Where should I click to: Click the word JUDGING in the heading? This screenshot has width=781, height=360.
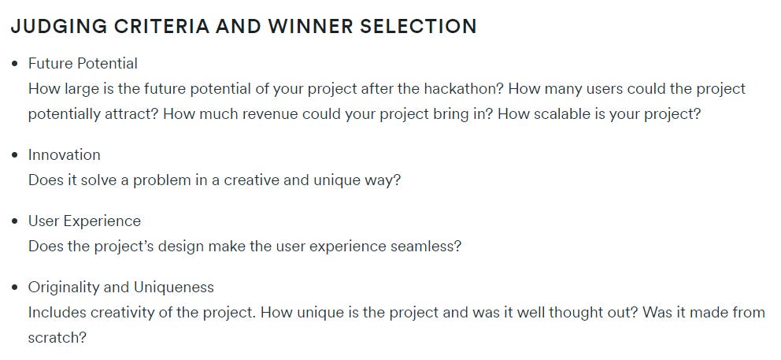(x=53, y=26)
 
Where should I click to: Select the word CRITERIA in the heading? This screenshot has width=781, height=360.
(x=153, y=26)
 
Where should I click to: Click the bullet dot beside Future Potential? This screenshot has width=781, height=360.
(x=15, y=64)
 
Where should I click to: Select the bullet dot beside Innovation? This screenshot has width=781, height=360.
(x=15, y=155)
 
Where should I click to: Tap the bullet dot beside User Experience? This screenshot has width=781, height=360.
(x=15, y=221)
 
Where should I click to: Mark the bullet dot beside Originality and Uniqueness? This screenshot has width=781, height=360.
(x=15, y=288)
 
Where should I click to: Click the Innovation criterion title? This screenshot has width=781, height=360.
(x=65, y=155)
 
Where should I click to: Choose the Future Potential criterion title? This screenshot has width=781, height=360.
(x=83, y=64)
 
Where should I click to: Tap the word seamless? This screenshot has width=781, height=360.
(x=425, y=247)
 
